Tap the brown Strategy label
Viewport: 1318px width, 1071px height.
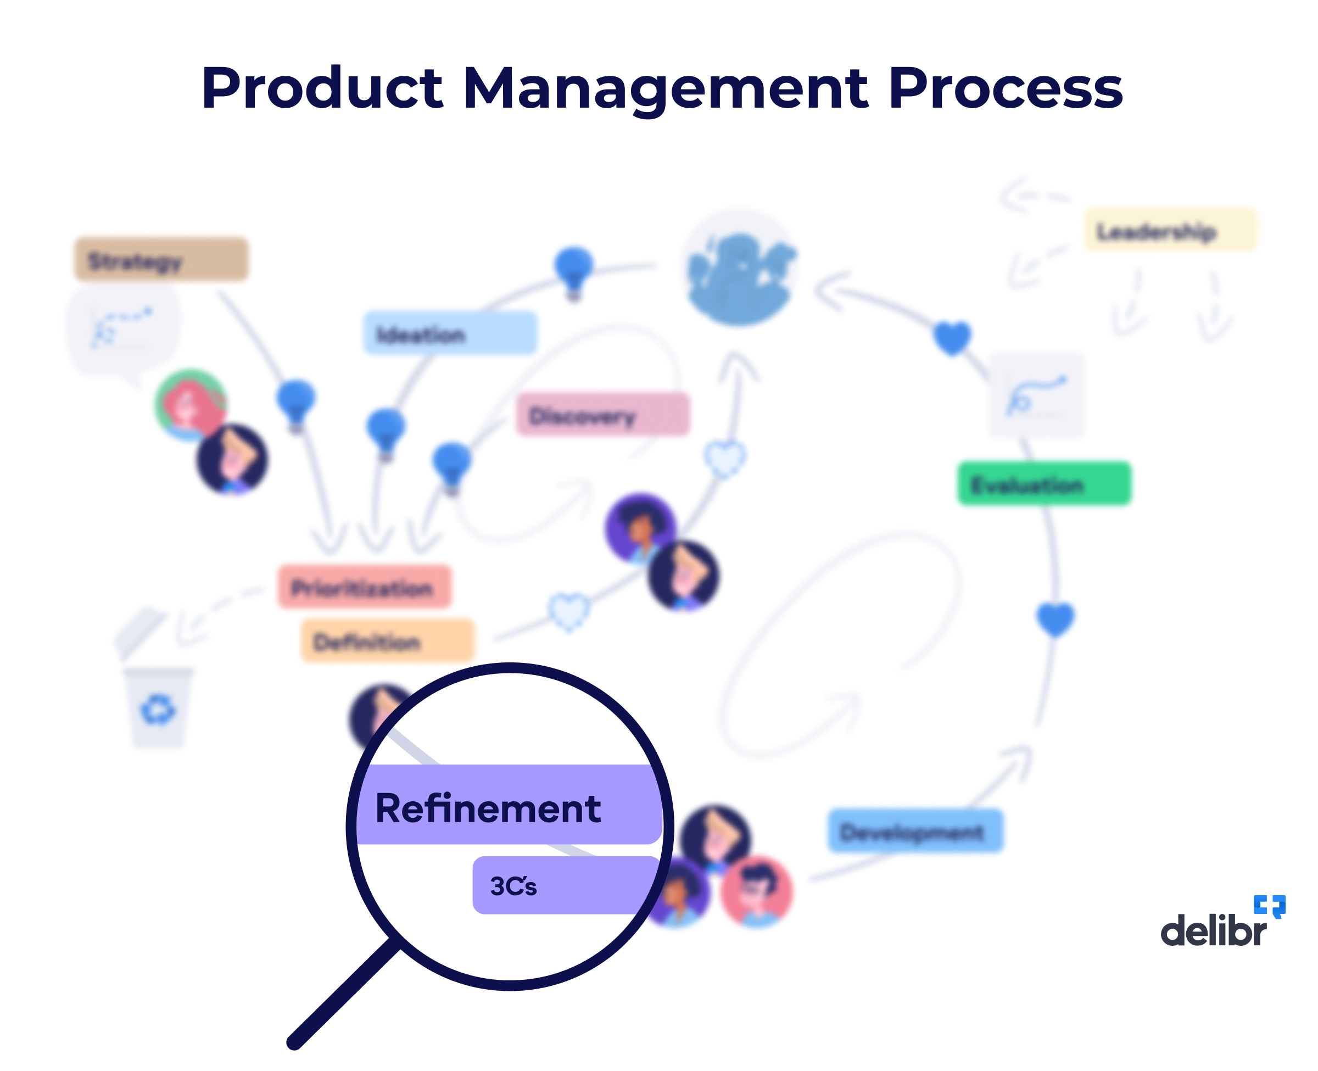tap(161, 259)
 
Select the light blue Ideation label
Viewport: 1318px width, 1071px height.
tap(450, 333)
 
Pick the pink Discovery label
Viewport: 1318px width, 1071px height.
tap(602, 415)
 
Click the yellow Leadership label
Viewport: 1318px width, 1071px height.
tap(1169, 231)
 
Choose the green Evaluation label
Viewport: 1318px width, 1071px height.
tap(1043, 484)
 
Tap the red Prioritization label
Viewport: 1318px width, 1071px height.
tap(364, 587)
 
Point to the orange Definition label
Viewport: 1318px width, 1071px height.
tap(387, 641)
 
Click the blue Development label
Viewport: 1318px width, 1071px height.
tap(914, 831)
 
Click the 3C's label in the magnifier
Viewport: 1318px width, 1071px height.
tap(513, 886)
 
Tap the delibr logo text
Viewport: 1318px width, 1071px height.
tap(1213, 930)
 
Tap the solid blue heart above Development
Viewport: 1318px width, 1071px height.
tap(1054, 619)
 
